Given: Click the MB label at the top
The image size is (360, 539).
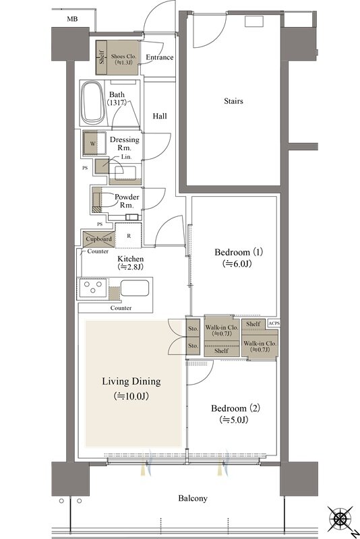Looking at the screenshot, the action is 72,19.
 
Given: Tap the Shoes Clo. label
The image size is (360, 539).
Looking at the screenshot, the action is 123,56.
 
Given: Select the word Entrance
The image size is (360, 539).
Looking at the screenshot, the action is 160,57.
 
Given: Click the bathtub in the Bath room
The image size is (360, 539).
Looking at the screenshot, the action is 93,102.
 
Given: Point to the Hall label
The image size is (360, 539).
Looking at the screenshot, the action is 160,116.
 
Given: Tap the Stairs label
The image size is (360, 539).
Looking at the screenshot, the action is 233,101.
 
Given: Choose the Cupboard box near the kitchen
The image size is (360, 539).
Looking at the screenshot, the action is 98,239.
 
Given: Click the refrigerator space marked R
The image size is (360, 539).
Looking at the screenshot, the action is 128,236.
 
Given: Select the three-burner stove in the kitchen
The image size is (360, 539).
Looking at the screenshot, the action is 93,288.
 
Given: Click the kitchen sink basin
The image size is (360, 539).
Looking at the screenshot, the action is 135,288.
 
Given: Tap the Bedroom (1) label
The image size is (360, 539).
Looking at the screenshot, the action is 239,252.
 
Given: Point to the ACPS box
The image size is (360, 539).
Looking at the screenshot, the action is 274,323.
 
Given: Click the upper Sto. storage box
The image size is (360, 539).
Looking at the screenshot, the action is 193,328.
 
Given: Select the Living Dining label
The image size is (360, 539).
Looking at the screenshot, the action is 131,381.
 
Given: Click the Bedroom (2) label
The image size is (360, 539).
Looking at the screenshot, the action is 235,408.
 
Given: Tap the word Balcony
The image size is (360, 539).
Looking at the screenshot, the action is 193,499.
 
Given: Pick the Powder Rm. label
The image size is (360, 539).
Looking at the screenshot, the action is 127,201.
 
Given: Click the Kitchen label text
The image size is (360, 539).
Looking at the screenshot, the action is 131,259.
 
